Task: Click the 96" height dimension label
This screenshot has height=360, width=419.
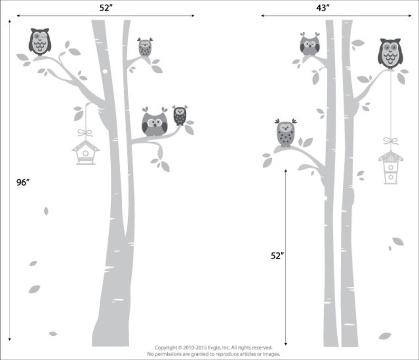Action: pos(22,182)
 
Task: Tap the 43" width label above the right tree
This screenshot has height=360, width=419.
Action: pos(323,7)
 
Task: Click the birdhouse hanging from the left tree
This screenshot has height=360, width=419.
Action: pos(85,151)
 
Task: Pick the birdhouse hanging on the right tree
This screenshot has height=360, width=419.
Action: pos(390,167)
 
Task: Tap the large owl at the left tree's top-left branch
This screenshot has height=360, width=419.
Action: pos(40,42)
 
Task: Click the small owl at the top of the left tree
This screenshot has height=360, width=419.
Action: pos(145,47)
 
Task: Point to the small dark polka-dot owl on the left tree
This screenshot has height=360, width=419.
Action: pos(180,115)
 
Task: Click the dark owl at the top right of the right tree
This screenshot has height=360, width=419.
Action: pos(390,53)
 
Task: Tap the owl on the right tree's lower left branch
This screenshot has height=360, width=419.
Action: pos(285,132)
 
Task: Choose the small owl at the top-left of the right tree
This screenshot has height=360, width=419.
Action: pos(309,44)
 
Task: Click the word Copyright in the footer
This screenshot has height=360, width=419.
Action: pos(167,347)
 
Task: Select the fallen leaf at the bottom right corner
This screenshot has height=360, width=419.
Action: pos(385,336)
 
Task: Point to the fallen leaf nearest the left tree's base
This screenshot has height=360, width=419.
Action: pos(52,334)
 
